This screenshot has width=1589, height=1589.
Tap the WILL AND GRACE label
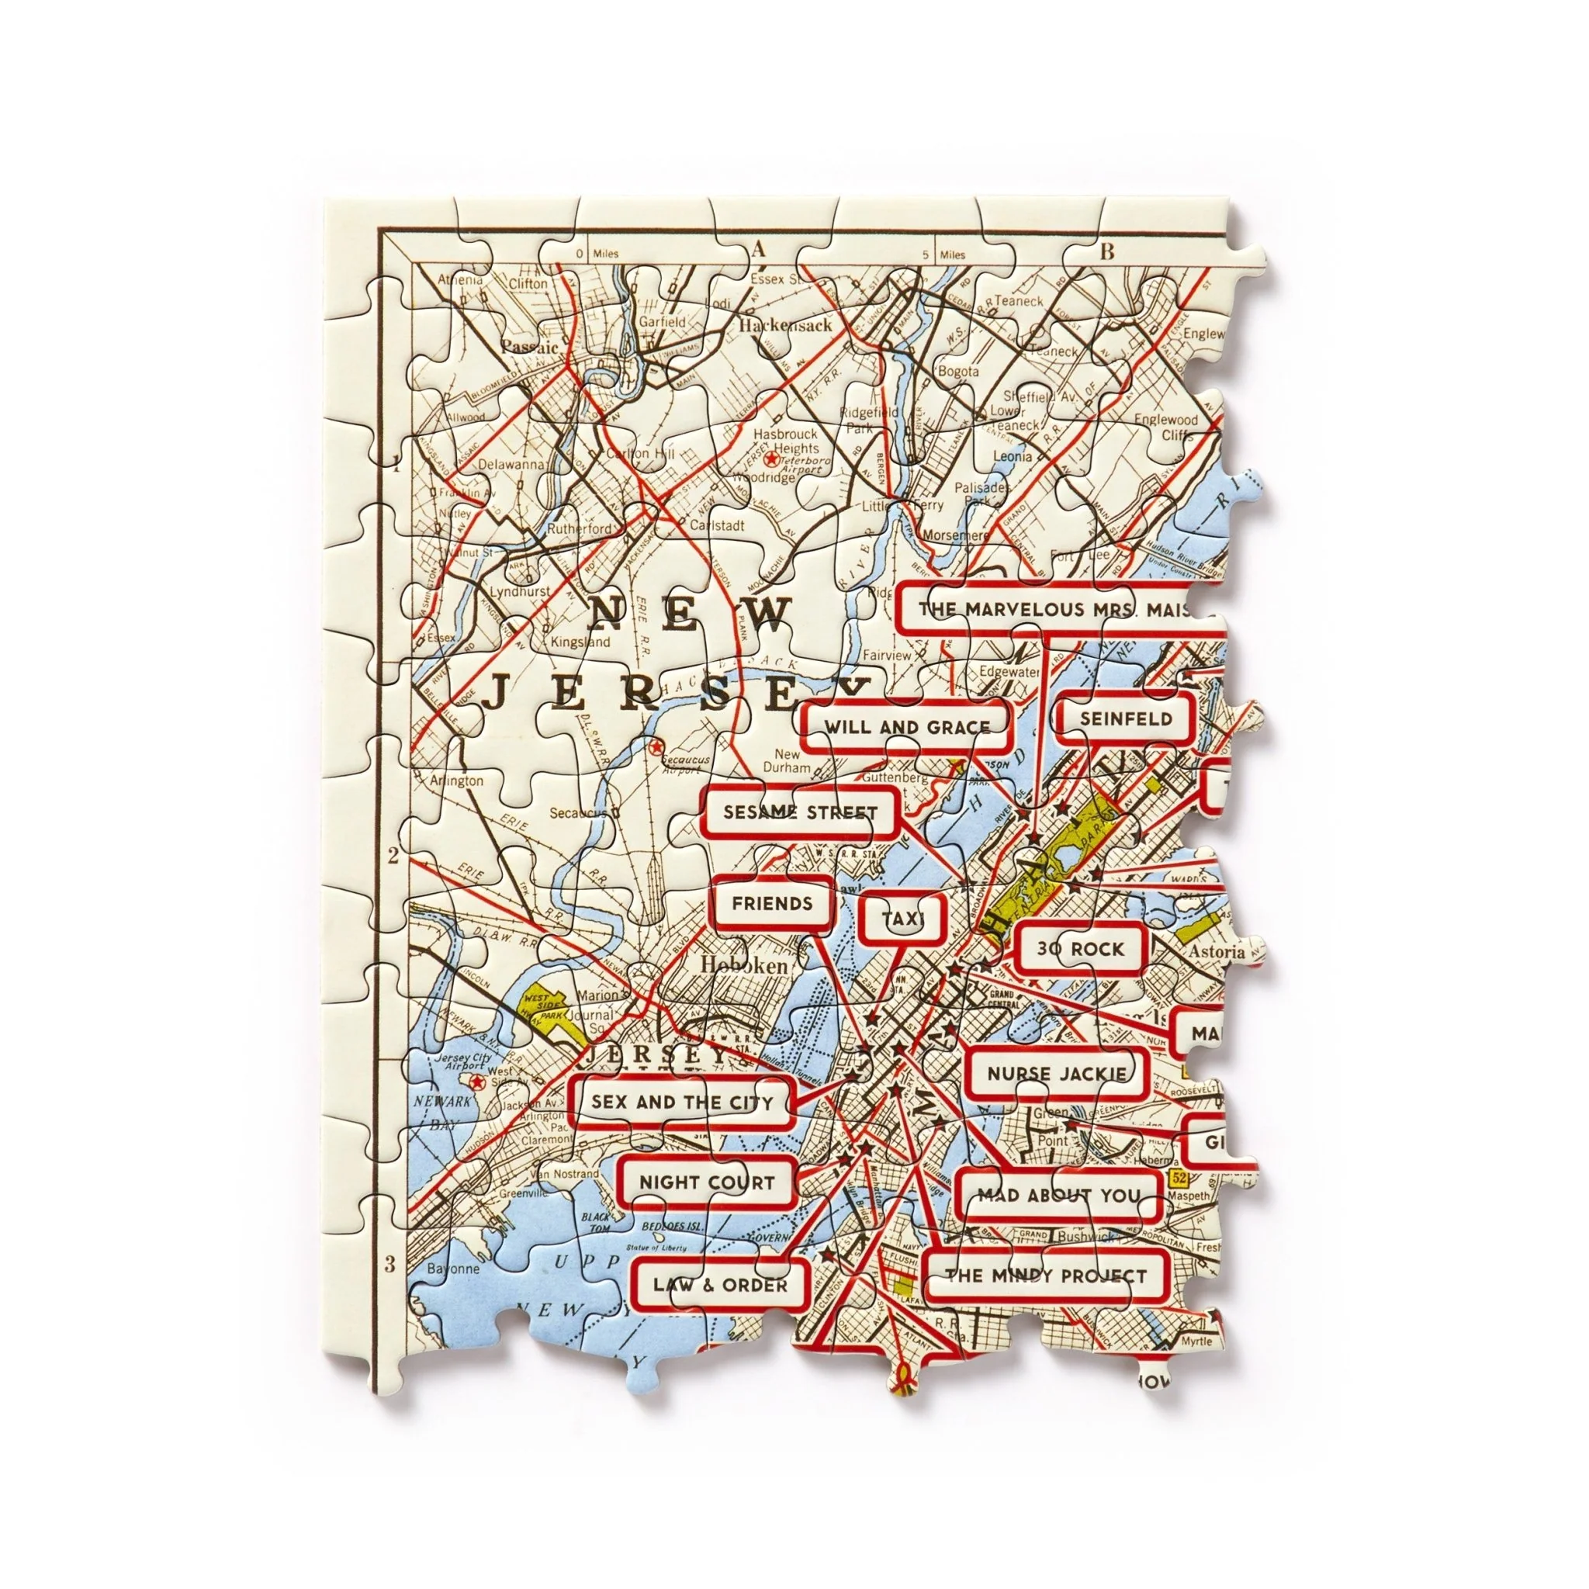pyautogui.click(x=906, y=727)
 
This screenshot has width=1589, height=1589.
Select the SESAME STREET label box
pyautogui.click(x=800, y=812)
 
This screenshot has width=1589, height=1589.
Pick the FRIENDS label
pyautogui.click(x=771, y=904)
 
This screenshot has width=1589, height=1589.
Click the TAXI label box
pyautogui.click(x=903, y=919)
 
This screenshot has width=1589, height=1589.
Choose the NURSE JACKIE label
pyautogui.click(x=1057, y=1073)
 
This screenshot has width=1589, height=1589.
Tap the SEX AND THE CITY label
pyautogui.click(x=682, y=1102)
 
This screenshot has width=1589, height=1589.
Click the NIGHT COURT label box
pyautogui.click(x=707, y=1182)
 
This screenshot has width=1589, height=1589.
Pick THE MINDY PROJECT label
pyautogui.click(x=1044, y=1276)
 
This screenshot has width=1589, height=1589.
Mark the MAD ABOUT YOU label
pyautogui.click(x=1058, y=1195)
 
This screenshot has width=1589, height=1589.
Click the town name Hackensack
pyautogui.click(x=785, y=326)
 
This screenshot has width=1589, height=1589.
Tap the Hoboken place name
pyautogui.click(x=743, y=965)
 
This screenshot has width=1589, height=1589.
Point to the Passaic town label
pyautogui.click(x=530, y=346)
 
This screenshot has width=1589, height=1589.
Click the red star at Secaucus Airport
pyautogui.click(x=656, y=748)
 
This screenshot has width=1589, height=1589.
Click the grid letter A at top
pyautogui.click(x=757, y=250)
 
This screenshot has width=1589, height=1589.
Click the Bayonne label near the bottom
pyautogui.click(x=453, y=1269)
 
